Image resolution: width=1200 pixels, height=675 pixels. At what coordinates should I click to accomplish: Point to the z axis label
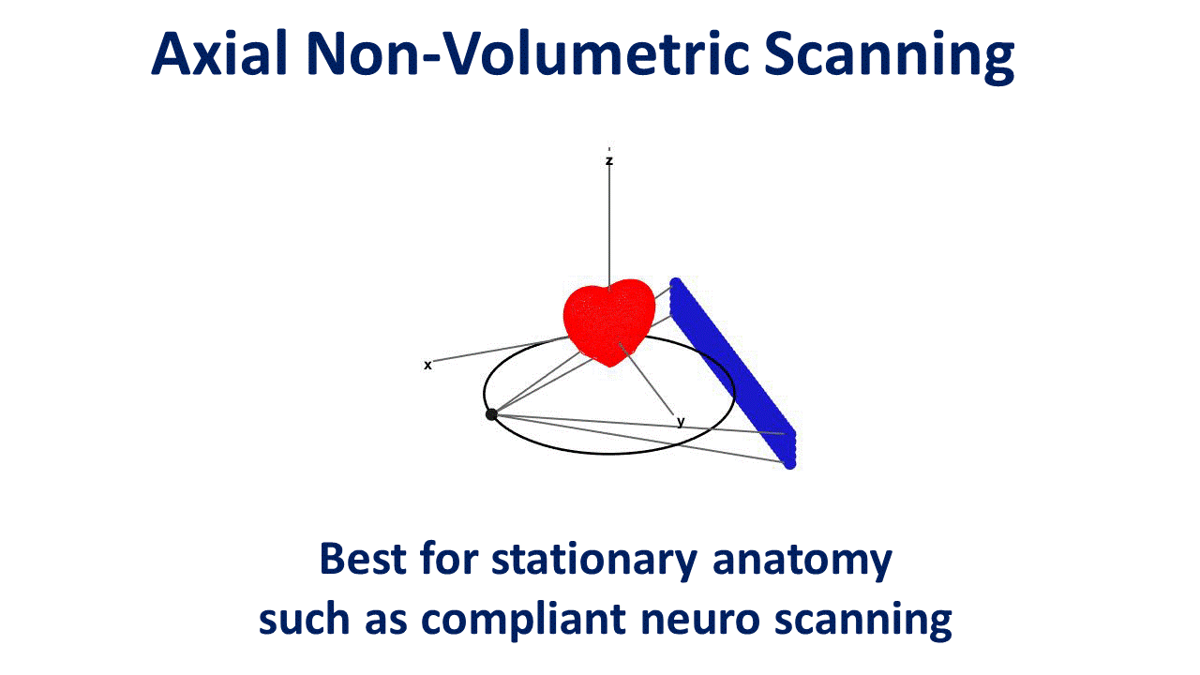609,161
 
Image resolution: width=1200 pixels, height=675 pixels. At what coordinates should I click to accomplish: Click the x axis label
427,365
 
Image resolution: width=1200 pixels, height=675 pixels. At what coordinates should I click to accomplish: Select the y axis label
681,422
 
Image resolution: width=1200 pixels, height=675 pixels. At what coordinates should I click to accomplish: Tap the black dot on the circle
491,414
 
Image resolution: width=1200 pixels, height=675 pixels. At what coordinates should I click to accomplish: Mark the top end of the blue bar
676,284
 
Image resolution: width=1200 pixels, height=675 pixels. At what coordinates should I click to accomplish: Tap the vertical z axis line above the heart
609,225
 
